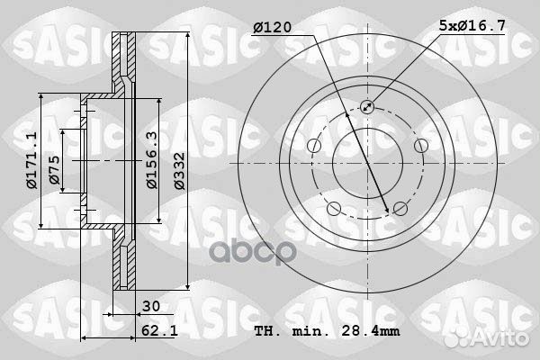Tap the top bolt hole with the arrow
pyautogui.click(x=366, y=108)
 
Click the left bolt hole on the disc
pyautogui.click(x=313, y=147)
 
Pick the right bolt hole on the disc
pyautogui.click(x=419, y=147)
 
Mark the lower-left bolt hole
pyautogui.click(x=334, y=209)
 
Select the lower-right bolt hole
pyautogui.click(x=399, y=209)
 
